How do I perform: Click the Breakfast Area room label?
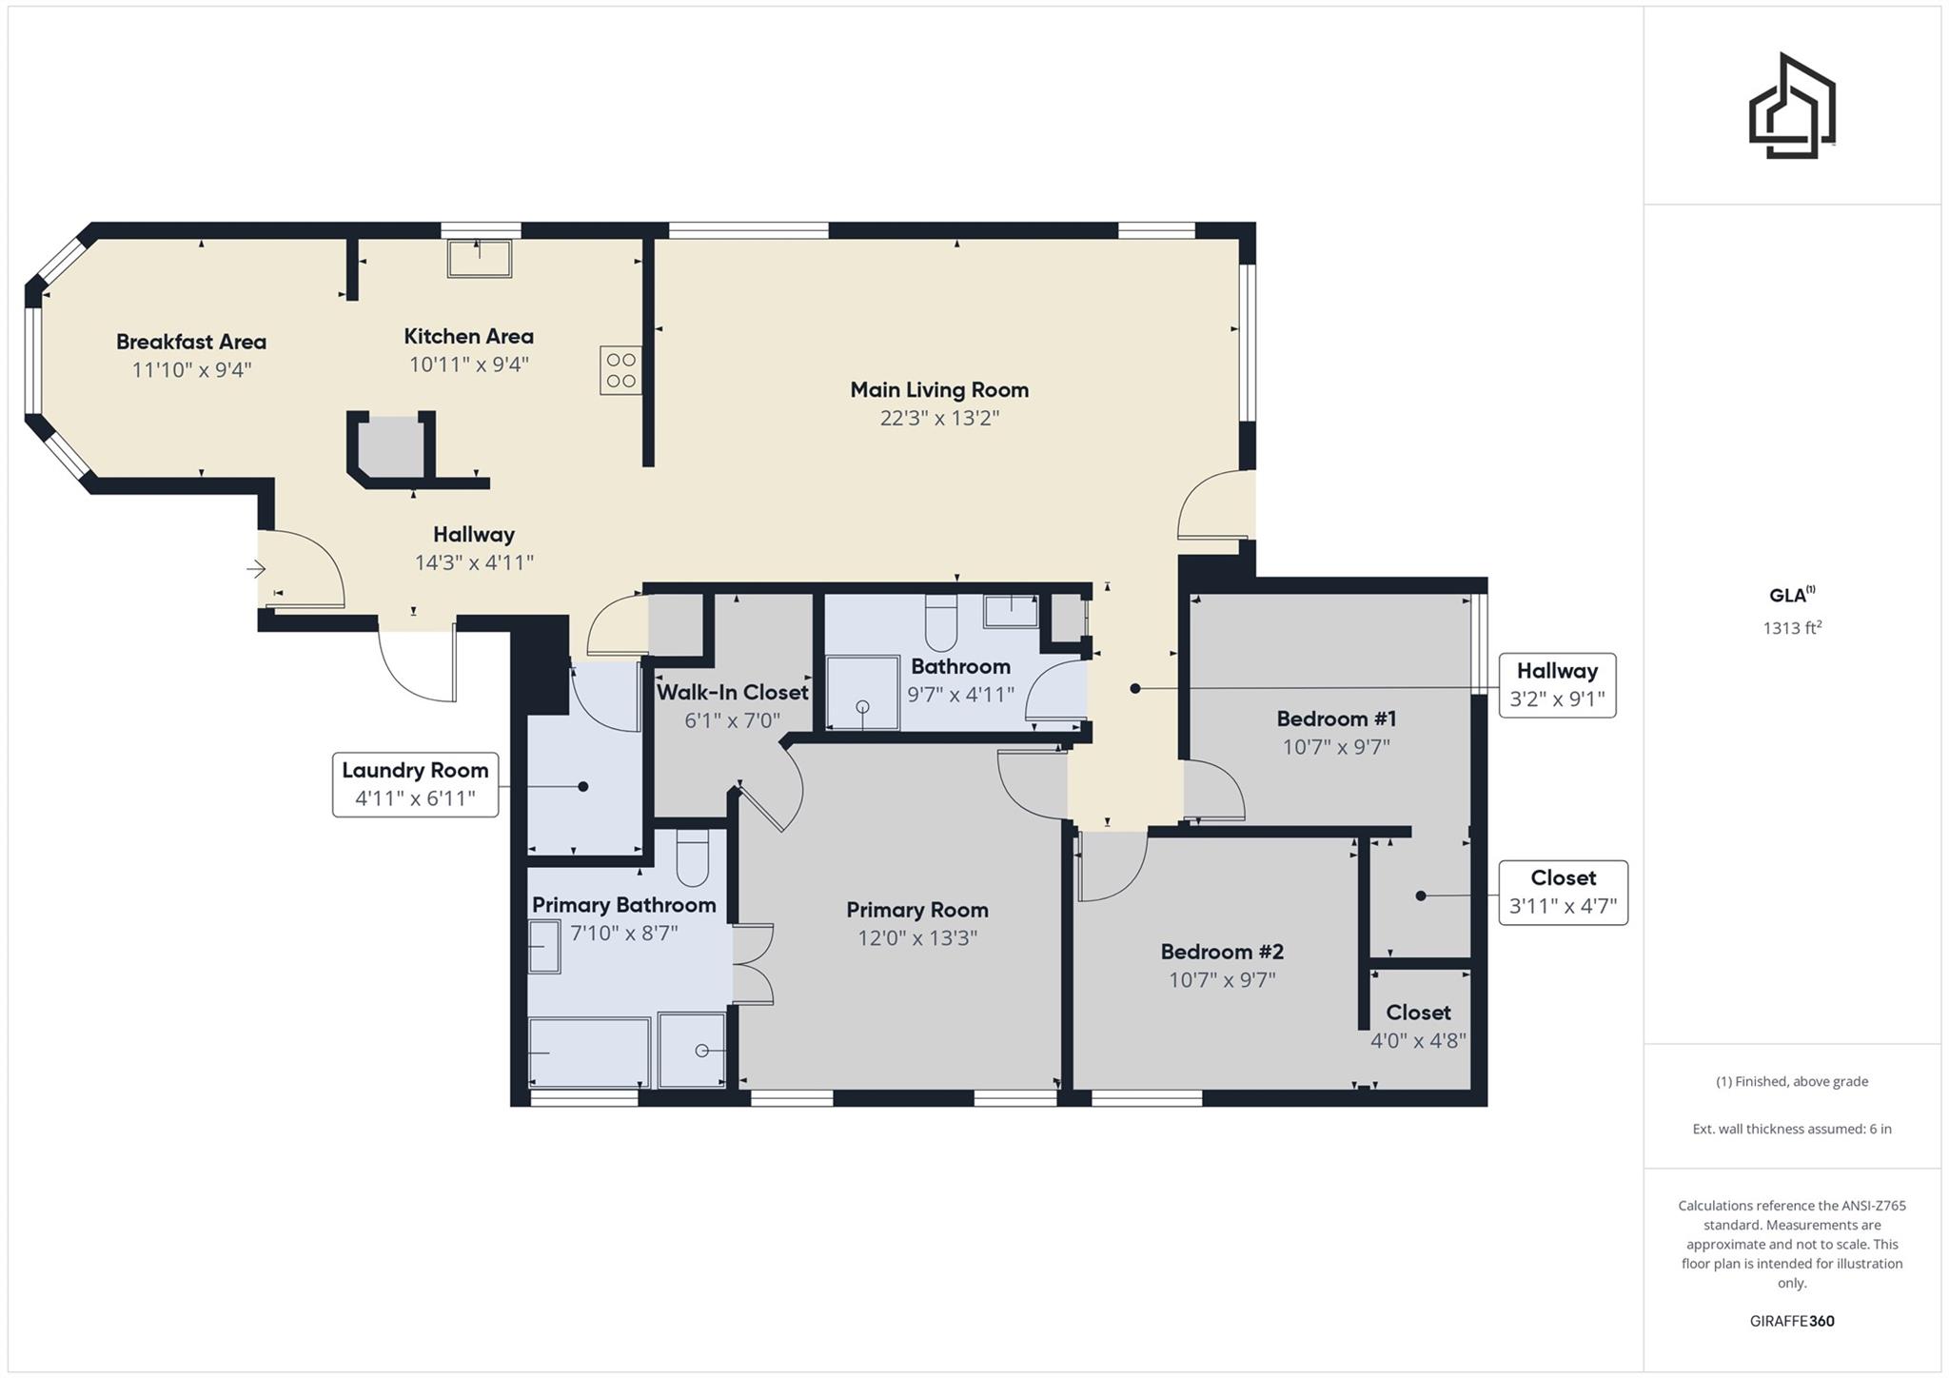click(x=191, y=342)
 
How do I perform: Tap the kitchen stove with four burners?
click(x=620, y=370)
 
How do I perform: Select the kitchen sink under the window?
click(x=480, y=258)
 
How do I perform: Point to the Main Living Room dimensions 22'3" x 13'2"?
click(x=939, y=418)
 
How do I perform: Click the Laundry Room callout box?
click(x=415, y=784)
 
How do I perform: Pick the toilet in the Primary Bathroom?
click(x=692, y=857)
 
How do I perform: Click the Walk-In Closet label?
click(x=732, y=692)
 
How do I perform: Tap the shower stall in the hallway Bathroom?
click(x=862, y=693)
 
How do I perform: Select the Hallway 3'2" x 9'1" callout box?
click(x=1557, y=685)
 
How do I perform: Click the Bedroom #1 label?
click(x=1336, y=719)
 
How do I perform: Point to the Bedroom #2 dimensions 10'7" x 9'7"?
click(x=1222, y=979)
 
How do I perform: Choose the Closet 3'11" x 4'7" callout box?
click(x=1563, y=893)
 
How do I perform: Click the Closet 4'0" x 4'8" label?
click(x=1418, y=1013)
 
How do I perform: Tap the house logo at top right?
click(x=1792, y=107)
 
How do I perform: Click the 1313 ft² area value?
click(x=1792, y=628)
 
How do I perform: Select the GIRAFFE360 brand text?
click(x=1792, y=1321)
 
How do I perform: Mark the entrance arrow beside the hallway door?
click(x=256, y=569)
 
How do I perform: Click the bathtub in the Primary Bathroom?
click(x=589, y=1052)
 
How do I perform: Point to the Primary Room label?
click(x=917, y=910)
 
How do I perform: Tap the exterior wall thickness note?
click(x=1792, y=1129)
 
